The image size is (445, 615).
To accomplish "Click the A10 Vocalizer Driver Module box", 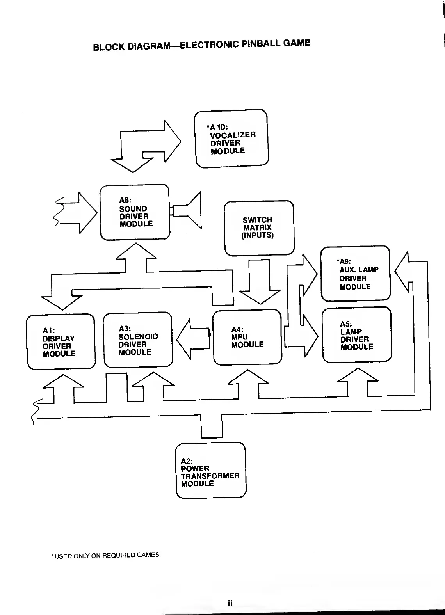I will [x=231, y=139].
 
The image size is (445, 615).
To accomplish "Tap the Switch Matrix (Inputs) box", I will [x=259, y=228].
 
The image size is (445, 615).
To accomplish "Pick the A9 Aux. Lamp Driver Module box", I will [x=355, y=274].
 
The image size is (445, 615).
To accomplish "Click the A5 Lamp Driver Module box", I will [x=356, y=335].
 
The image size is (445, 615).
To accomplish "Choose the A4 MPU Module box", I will [x=247, y=337].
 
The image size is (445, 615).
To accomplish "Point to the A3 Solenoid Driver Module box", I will [x=138, y=340].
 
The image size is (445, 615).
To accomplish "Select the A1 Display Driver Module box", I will [x=61, y=341].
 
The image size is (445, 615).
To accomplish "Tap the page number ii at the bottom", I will [x=230, y=603].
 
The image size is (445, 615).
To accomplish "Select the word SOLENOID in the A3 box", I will [x=138, y=336].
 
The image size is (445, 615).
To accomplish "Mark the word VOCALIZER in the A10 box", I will [x=233, y=135].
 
